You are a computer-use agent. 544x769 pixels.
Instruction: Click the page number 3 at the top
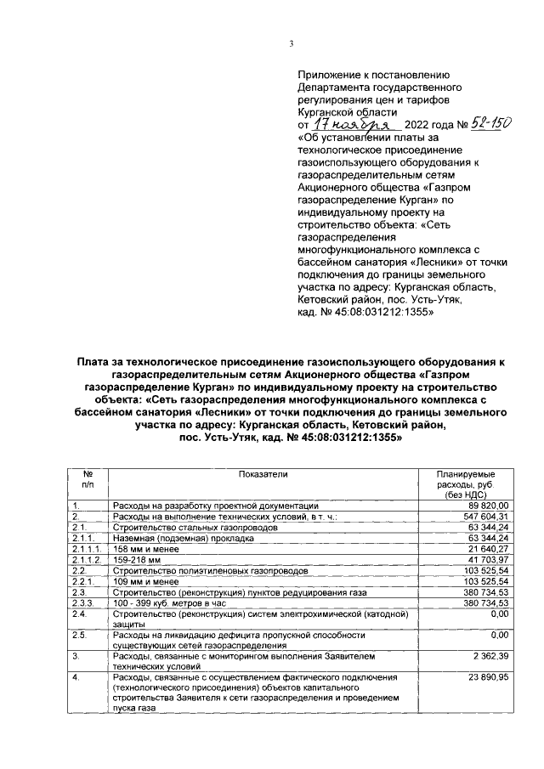click(291, 45)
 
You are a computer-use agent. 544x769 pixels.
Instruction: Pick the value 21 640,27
click(490, 549)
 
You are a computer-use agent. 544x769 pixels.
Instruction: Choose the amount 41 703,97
click(490, 560)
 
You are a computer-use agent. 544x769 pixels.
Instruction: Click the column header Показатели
click(263, 473)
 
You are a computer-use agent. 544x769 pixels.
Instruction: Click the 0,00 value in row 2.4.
click(498, 614)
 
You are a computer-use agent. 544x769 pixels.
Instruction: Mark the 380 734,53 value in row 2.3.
click(487, 592)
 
